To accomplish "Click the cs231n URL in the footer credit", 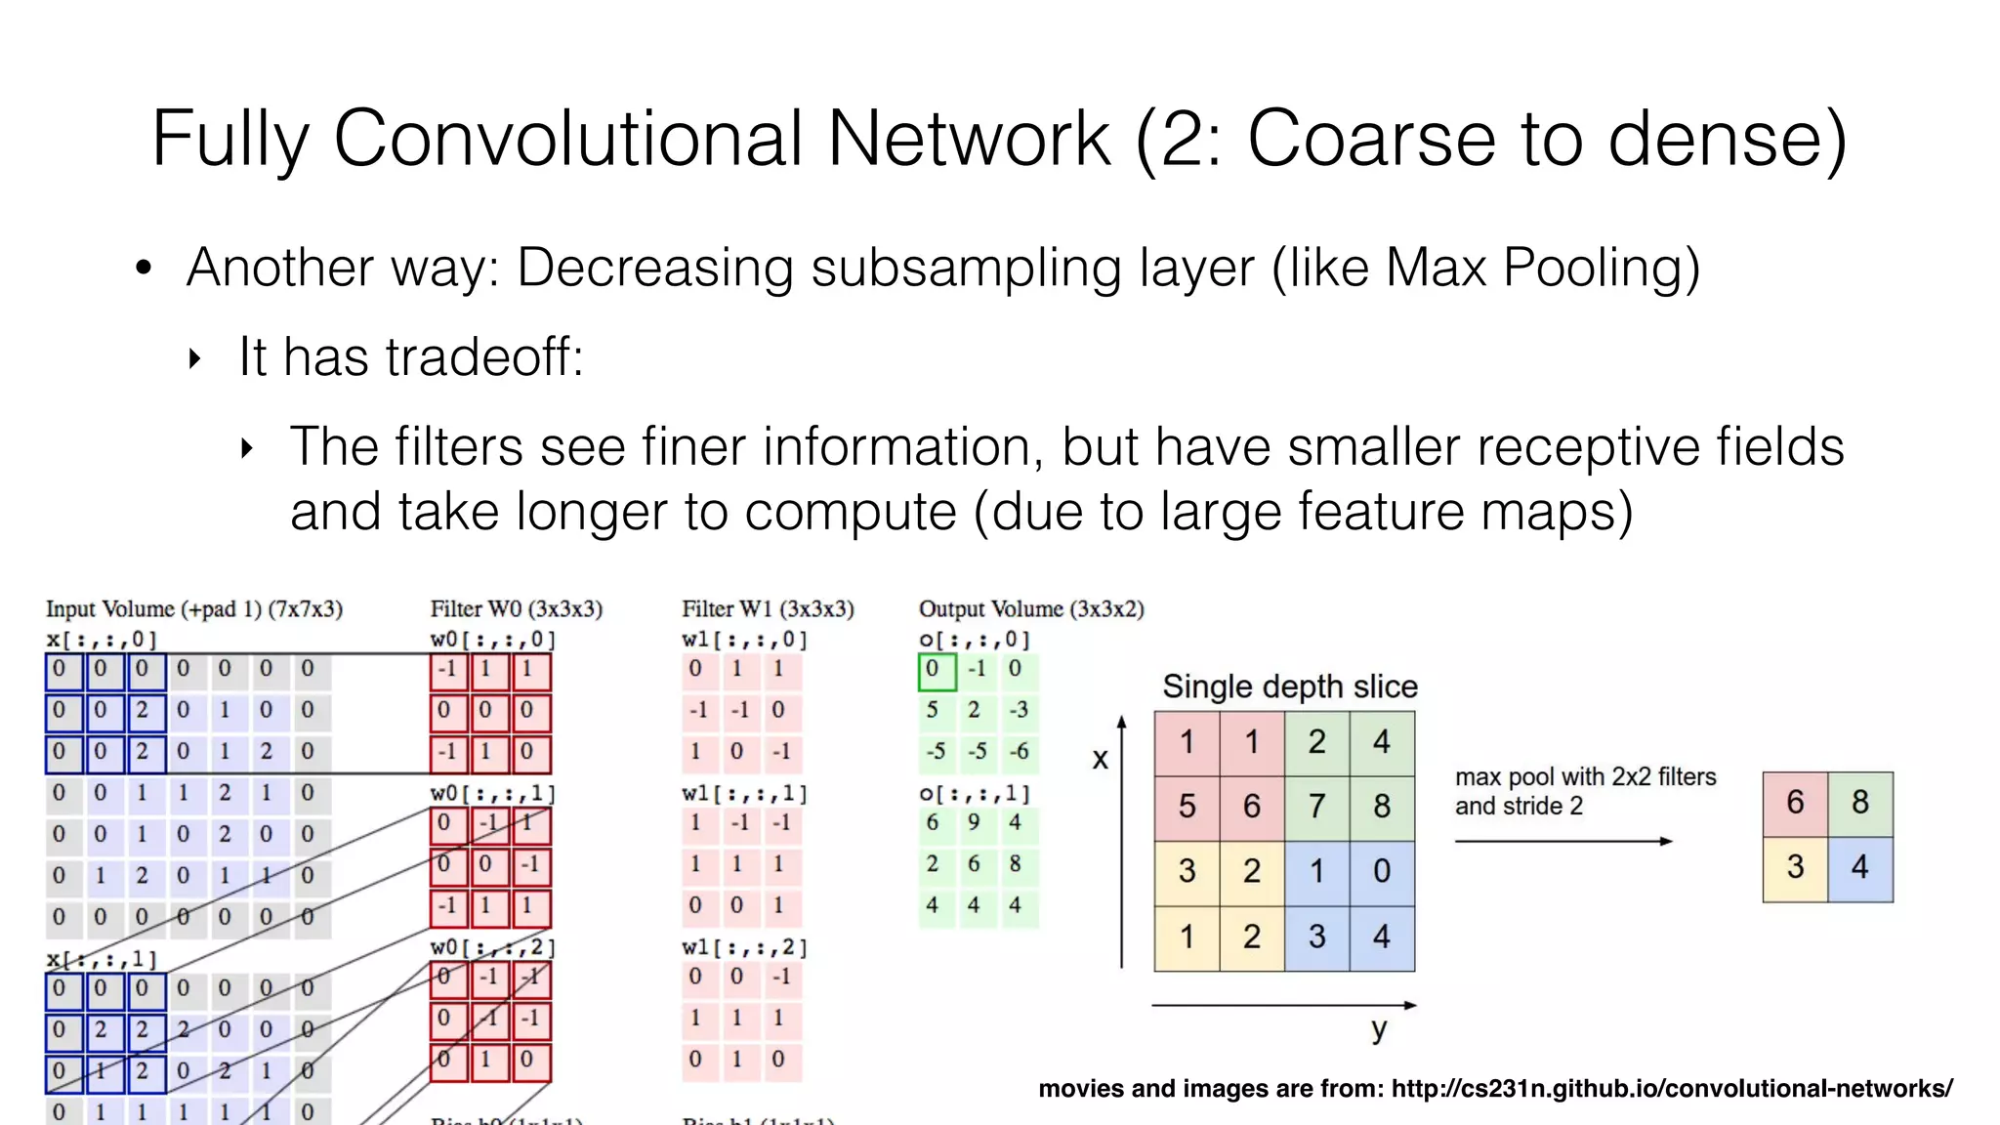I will point(1672,1088).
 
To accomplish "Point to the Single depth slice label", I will point(1289,687).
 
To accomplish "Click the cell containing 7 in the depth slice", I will point(1316,807).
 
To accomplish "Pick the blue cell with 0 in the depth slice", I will point(1381,871).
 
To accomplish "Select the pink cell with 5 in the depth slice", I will point(1187,807).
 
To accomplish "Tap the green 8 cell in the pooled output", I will point(1859,803).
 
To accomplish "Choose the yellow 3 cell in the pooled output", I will point(1795,867).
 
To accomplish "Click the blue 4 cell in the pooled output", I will point(1859,867).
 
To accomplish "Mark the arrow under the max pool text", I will point(1562,841).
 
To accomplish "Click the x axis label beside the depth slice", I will point(1101,759).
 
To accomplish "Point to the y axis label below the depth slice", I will point(1378,1028).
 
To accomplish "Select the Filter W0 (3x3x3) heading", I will point(516,609).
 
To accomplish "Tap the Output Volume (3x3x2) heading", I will point(1031,609).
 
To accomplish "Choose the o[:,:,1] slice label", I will point(974,793).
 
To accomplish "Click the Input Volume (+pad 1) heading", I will point(194,609).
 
